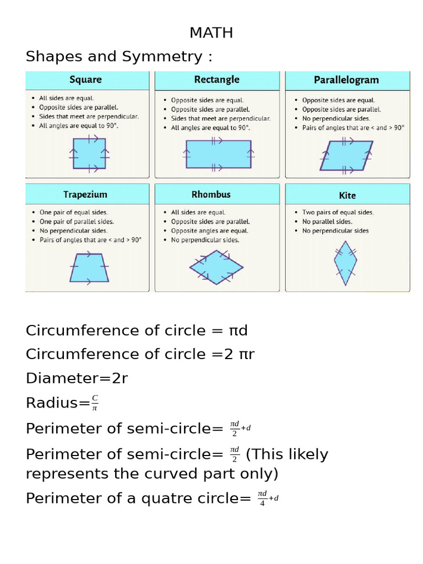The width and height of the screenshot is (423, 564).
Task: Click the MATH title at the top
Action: pyautogui.click(x=211, y=32)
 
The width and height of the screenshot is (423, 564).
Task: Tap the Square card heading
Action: pyautogui.click(x=85, y=79)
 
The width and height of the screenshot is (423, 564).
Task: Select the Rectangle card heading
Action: pyautogui.click(x=217, y=79)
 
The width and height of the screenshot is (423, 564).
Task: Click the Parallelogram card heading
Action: pyautogui.click(x=346, y=80)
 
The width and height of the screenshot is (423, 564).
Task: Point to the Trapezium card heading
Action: pyautogui.click(x=85, y=194)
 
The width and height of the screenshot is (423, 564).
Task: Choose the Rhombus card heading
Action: pyautogui.click(x=211, y=194)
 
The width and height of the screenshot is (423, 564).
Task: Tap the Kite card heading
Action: pyautogui.click(x=347, y=196)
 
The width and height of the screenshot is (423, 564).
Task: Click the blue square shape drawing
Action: pyautogui.click(x=89, y=154)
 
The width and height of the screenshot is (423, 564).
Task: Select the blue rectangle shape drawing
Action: pyautogui.click(x=218, y=154)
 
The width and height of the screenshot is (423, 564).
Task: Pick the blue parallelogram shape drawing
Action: pyautogui.click(x=346, y=155)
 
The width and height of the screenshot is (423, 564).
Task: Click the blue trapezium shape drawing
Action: pyautogui.click(x=89, y=268)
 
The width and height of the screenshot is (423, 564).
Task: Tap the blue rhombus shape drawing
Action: pyautogui.click(x=216, y=267)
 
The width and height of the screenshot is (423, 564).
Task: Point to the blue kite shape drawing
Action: pyautogui.click(x=345, y=263)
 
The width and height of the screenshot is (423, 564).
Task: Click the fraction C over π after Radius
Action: pyautogui.click(x=95, y=403)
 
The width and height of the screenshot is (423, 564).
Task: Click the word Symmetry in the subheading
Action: pyautogui.click(x=162, y=57)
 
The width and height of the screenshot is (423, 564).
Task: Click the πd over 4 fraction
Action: pyautogui.click(x=262, y=498)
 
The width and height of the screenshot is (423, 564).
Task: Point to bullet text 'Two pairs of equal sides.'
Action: pyautogui.click(x=338, y=212)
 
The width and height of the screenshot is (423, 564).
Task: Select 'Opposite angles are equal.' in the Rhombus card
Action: pyautogui.click(x=210, y=231)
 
